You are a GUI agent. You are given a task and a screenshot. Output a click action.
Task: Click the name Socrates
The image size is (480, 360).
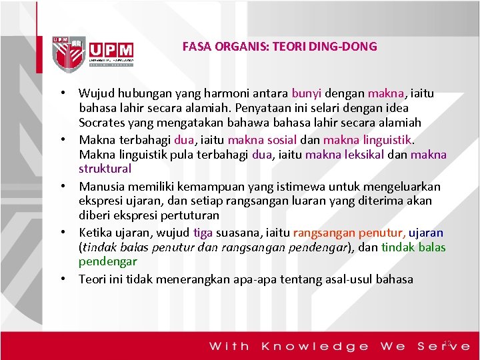click(x=101, y=123)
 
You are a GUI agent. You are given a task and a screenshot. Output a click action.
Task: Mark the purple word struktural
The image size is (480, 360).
click(x=105, y=169)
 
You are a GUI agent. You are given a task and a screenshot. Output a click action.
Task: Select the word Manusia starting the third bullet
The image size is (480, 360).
click(x=101, y=186)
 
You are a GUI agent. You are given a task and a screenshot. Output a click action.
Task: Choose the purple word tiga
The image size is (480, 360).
click(x=203, y=233)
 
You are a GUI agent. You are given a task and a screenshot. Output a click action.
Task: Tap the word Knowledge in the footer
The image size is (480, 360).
click(x=315, y=346)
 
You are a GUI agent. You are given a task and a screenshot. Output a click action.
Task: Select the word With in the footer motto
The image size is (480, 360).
click(x=230, y=346)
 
